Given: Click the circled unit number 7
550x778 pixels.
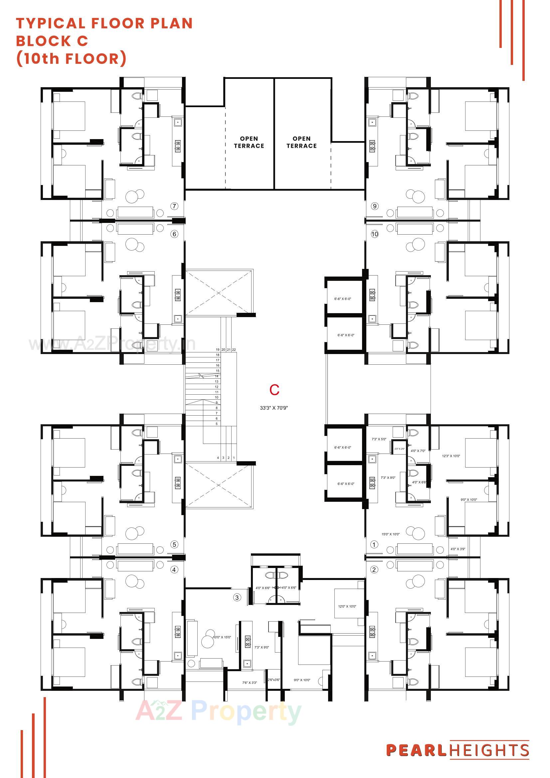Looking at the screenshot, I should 174,206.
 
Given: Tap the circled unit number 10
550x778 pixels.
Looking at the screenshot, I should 374,234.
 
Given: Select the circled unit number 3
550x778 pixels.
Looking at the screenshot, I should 237,597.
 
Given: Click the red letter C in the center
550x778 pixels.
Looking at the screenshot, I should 274,390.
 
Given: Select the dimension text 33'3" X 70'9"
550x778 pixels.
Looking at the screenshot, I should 274,408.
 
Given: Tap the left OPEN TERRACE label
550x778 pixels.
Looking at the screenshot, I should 249,142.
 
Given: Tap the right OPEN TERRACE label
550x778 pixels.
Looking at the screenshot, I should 301,142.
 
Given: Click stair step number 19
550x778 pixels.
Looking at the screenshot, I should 218,349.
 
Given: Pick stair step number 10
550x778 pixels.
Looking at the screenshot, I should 217,397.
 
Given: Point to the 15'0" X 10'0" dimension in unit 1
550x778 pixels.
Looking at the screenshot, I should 390,534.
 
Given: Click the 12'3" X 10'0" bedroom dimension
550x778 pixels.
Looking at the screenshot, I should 451,456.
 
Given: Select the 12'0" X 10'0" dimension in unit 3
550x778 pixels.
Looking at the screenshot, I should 347,606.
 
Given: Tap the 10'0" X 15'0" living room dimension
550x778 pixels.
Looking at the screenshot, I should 222,637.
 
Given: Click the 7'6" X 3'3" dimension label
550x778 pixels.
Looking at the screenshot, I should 250,682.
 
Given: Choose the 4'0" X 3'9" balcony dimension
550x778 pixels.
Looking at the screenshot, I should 458,549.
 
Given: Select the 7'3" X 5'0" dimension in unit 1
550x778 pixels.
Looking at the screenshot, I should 379,439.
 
